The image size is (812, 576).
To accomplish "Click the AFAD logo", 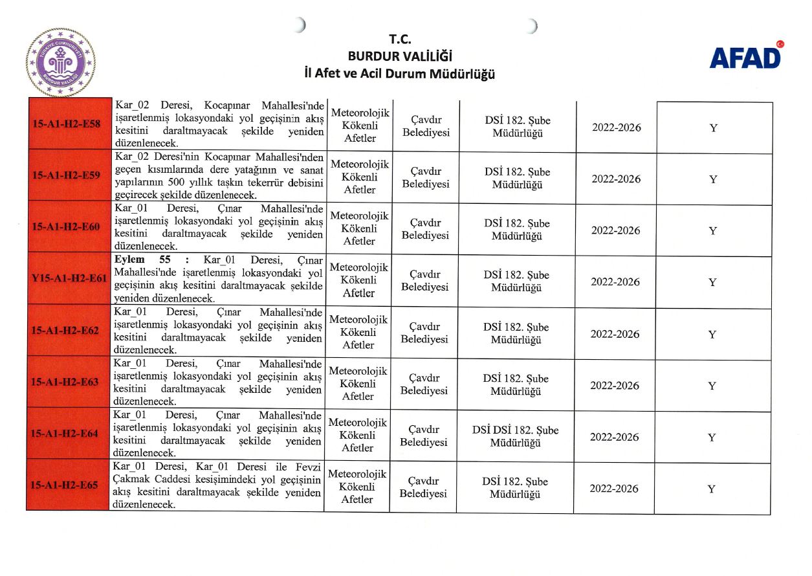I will click(x=745, y=57).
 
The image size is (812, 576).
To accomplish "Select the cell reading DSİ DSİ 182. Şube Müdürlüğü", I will click(x=515, y=436).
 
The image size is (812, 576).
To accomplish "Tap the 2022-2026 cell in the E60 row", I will click(x=616, y=230).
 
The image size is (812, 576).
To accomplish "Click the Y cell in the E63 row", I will click(x=712, y=386).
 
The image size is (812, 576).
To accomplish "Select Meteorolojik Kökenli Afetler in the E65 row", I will click(x=357, y=487).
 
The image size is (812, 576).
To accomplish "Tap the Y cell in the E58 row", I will click(x=713, y=128).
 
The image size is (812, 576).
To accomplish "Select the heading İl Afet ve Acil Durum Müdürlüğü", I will click(x=400, y=73).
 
